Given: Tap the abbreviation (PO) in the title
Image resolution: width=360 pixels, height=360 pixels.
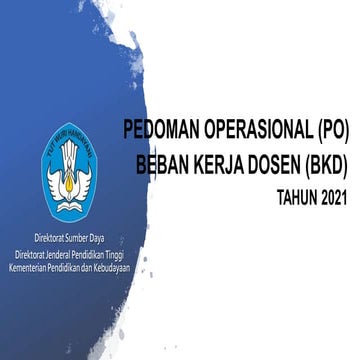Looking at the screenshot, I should (324, 131).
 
